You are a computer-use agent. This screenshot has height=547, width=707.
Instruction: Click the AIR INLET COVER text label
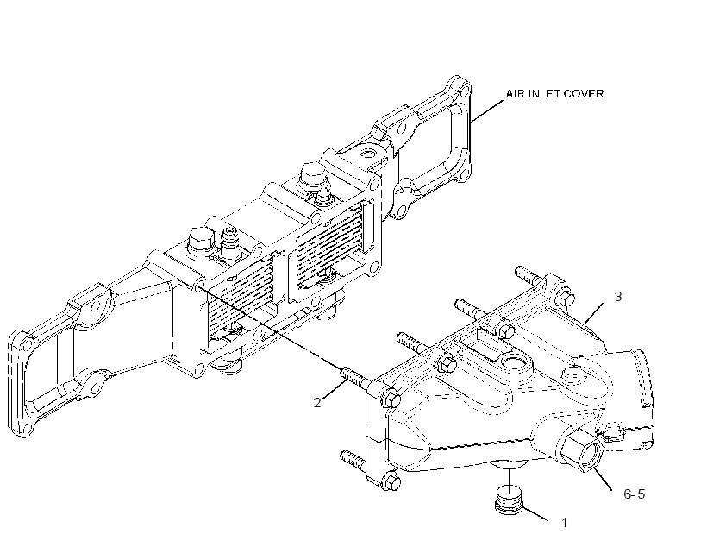[x=554, y=93]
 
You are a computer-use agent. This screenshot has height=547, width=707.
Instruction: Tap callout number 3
[x=617, y=297]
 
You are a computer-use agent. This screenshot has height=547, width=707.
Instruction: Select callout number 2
[x=317, y=403]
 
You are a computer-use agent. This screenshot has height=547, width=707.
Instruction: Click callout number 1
[x=564, y=523]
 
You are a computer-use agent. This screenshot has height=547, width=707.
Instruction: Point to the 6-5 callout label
[x=635, y=494]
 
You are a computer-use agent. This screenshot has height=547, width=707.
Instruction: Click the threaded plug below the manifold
[x=509, y=500]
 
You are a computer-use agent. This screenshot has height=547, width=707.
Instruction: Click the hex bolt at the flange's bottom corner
[x=391, y=482]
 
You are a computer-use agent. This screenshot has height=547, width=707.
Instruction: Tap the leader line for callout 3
[x=593, y=313]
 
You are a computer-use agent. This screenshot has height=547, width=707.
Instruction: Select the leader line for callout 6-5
[x=602, y=480]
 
